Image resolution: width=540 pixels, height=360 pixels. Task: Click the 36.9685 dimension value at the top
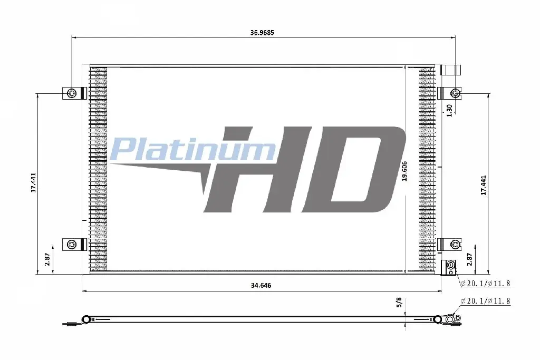[x=262, y=33]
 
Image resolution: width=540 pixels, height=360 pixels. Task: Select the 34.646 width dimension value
[x=261, y=285]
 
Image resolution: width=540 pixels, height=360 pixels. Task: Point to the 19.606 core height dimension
[x=404, y=171]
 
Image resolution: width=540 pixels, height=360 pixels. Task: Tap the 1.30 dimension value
[x=449, y=111]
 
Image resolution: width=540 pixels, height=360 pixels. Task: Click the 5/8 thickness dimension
[x=399, y=303]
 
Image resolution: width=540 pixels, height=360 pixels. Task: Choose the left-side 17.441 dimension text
[x=33, y=182]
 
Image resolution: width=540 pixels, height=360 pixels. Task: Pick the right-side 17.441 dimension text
[x=484, y=186]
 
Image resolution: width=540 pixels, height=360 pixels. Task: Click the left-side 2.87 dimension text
[x=47, y=259]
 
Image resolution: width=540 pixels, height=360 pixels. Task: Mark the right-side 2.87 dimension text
[x=469, y=259]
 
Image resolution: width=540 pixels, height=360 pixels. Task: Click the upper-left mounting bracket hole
[x=72, y=93]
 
